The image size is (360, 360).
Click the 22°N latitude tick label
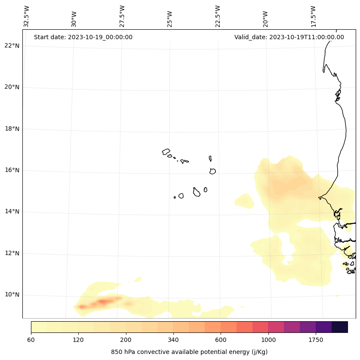[12, 46]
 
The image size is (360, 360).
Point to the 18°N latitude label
[12, 129]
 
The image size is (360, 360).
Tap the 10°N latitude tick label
[12, 295]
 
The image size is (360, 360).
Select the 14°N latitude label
[12, 212]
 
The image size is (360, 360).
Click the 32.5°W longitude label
[27, 16]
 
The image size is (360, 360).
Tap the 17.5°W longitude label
[314, 16]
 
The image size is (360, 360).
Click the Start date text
[83, 37]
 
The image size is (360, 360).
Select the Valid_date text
[289, 37]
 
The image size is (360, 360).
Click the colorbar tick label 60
[31, 340]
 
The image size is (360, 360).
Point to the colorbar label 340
[173, 340]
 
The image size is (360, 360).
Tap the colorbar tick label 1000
[268, 340]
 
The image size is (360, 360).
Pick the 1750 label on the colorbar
[316, 340]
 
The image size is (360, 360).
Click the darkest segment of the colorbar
[340, 327]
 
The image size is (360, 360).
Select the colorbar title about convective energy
[189, 352]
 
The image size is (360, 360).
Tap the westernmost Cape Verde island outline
[166, 152]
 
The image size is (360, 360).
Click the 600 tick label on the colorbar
[221, 340]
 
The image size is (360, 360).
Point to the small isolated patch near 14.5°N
[244, 200]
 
